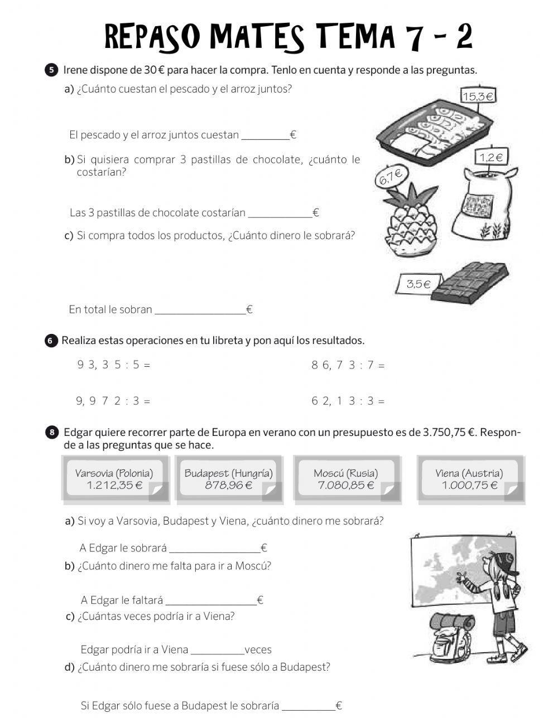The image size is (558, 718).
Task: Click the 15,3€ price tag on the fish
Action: [x=478, y=96]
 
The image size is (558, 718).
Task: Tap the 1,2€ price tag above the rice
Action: [x=490, y=158]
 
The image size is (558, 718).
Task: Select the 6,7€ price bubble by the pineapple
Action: [x=391, y=176]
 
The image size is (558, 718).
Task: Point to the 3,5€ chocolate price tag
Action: [x=418, y=284]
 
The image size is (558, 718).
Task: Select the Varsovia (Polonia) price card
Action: [x=115, y=479]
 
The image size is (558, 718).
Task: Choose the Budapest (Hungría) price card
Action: [x=229, y=479]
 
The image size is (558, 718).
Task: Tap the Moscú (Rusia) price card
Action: [x=346, y=479]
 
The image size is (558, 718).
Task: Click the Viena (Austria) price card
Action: [x=469, y=479]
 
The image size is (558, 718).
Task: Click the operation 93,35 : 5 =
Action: [x=114, y=365]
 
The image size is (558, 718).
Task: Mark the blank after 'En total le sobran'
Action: [x=199, y=310]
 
